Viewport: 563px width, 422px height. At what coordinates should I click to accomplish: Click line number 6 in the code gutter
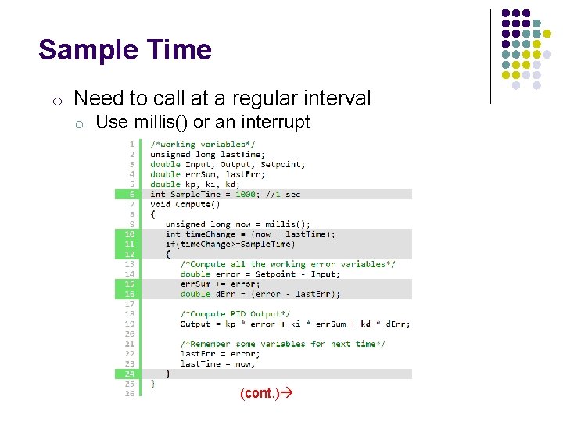point(131,194)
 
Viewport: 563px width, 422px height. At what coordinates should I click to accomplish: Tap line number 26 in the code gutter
point(130,393)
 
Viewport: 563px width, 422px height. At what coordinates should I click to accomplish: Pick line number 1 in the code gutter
point(131,145)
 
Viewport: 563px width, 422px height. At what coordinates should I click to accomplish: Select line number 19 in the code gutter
point(130,324)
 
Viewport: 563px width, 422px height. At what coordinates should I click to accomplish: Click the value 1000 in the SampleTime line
point(246,194)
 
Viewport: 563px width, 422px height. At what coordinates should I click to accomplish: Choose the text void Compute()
point(180,204)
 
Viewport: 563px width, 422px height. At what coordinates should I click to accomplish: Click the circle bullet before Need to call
point(57,100)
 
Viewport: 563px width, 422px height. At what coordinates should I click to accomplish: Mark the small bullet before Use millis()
point(80,123)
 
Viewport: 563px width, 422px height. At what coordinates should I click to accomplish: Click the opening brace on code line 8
point(153,214)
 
